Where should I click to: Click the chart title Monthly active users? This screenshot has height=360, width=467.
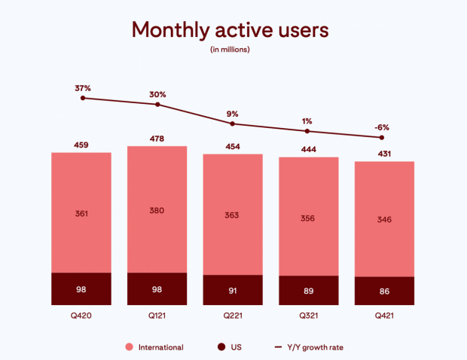click(229, 30)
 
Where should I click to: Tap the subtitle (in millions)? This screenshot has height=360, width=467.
click(230, 50)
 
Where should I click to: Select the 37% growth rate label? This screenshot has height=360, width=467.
click(82, 88)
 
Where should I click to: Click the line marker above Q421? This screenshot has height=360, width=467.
click(383, 137)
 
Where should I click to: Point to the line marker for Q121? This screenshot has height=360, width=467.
click(157, 105)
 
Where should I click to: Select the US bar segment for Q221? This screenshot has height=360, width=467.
click(232, 290)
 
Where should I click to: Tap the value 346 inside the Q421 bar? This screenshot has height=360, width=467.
click(383, 221)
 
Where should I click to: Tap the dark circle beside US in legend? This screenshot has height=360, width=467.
click(221, 347)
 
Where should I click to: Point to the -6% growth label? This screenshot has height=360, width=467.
click(383, 127)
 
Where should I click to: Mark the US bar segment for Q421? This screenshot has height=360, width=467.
click(384, 291)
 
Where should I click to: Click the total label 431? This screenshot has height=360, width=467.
click(383, 154)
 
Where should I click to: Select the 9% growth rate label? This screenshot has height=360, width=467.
click(232, 114)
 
